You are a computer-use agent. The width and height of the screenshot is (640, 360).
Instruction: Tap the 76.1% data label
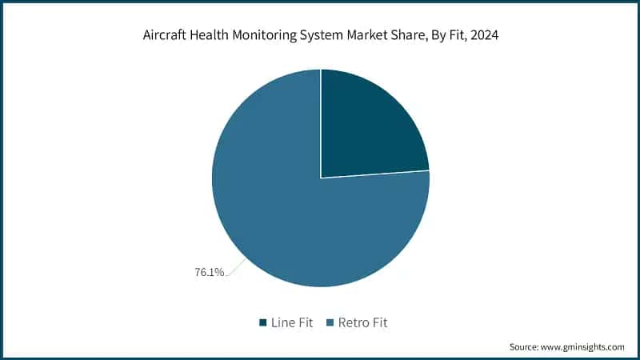[209, 272]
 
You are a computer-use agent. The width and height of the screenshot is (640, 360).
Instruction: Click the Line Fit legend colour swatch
[262, 322]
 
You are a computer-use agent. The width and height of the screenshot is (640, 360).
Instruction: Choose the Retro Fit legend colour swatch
[328, 322]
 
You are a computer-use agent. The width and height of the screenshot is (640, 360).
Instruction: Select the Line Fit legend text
[292, 322]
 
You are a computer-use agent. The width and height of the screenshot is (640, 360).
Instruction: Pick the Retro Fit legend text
[362, 322]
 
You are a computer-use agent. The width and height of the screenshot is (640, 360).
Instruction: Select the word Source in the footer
[527, 347]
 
